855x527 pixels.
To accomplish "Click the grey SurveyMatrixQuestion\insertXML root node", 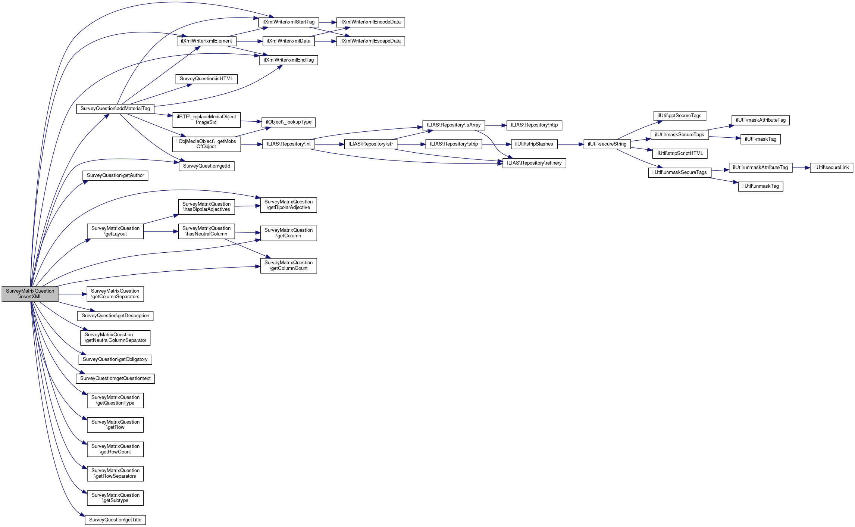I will (30, 294).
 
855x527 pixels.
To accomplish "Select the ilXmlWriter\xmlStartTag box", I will (288, 22).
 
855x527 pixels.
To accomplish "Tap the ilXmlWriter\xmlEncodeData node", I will (370, 22).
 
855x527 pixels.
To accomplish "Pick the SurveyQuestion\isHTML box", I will (206, 79).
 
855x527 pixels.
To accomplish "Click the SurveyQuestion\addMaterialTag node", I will (115, 109).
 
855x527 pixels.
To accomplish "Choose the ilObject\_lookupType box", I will (289, 122).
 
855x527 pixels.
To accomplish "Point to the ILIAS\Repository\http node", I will (534, 125).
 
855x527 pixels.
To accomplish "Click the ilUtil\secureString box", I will (607, 144).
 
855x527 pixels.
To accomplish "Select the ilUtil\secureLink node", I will (831, 168).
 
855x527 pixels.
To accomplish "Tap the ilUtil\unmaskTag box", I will (760, 186).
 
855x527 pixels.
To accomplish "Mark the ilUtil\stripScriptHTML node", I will (680, 153).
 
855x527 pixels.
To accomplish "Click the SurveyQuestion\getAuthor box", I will (115, 175).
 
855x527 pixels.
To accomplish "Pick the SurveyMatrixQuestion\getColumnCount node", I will (288, 265).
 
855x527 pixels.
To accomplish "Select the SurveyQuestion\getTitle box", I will (115, 520).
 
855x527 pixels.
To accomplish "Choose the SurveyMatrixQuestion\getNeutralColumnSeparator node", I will (115, 337).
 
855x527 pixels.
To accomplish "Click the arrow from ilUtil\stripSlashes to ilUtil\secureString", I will (570, 144).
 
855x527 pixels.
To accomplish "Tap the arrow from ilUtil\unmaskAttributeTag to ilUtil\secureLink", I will (801, 168).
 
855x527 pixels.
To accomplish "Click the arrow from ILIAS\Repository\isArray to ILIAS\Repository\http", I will (495, 125).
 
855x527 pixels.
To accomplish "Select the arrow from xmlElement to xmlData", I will (249, 41).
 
